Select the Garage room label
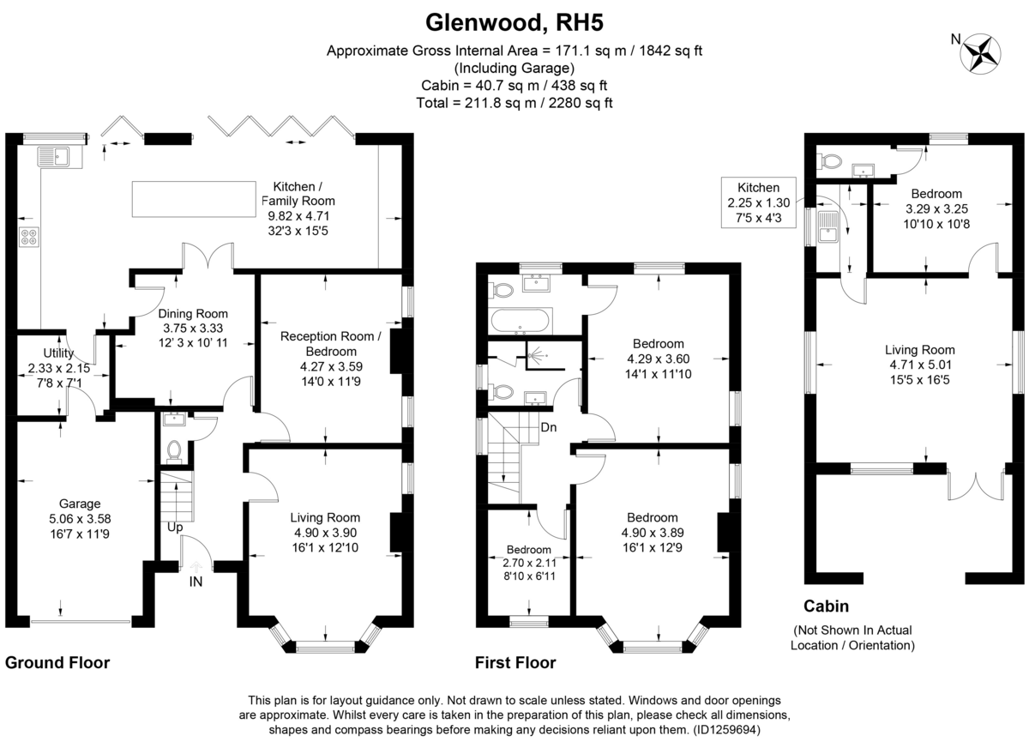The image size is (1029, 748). point(80,504)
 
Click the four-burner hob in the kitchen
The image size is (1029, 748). point(27,237)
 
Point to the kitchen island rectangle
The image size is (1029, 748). point(194,199)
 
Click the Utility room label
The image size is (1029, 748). point(59,353)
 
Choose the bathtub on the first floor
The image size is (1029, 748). point(521,322)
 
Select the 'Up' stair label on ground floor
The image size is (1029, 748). point(174,528)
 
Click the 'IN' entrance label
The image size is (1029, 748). point(197,583)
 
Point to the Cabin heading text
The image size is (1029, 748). point(826,606)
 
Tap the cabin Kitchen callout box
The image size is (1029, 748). point(759,203)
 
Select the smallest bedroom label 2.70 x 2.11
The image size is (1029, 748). point(529,564)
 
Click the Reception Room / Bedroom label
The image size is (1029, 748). point(330,344)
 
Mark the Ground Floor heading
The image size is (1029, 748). point(57,662)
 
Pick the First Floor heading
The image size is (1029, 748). point(514,662)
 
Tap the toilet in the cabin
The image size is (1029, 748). point(828,160)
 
